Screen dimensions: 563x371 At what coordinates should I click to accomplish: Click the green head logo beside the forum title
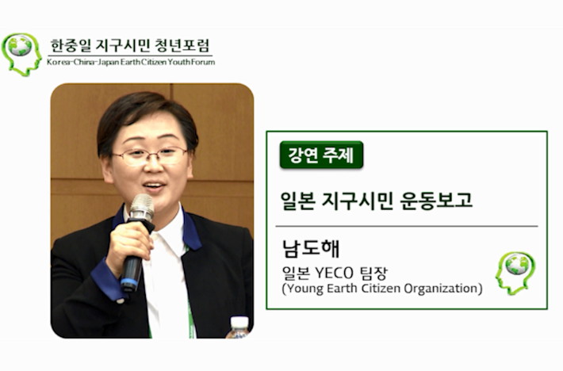pos(21,55)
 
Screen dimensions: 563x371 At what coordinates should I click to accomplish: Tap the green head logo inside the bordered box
pos(515,273)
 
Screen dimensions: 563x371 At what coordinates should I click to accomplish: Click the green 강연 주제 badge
pos(321,155)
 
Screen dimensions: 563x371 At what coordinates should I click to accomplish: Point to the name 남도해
pos(311,249)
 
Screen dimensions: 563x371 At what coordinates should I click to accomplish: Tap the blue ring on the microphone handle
pos(129,282)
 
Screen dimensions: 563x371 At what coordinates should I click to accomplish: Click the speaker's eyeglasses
pos(150,155)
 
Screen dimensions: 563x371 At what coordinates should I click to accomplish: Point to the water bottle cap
pos(239,323)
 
